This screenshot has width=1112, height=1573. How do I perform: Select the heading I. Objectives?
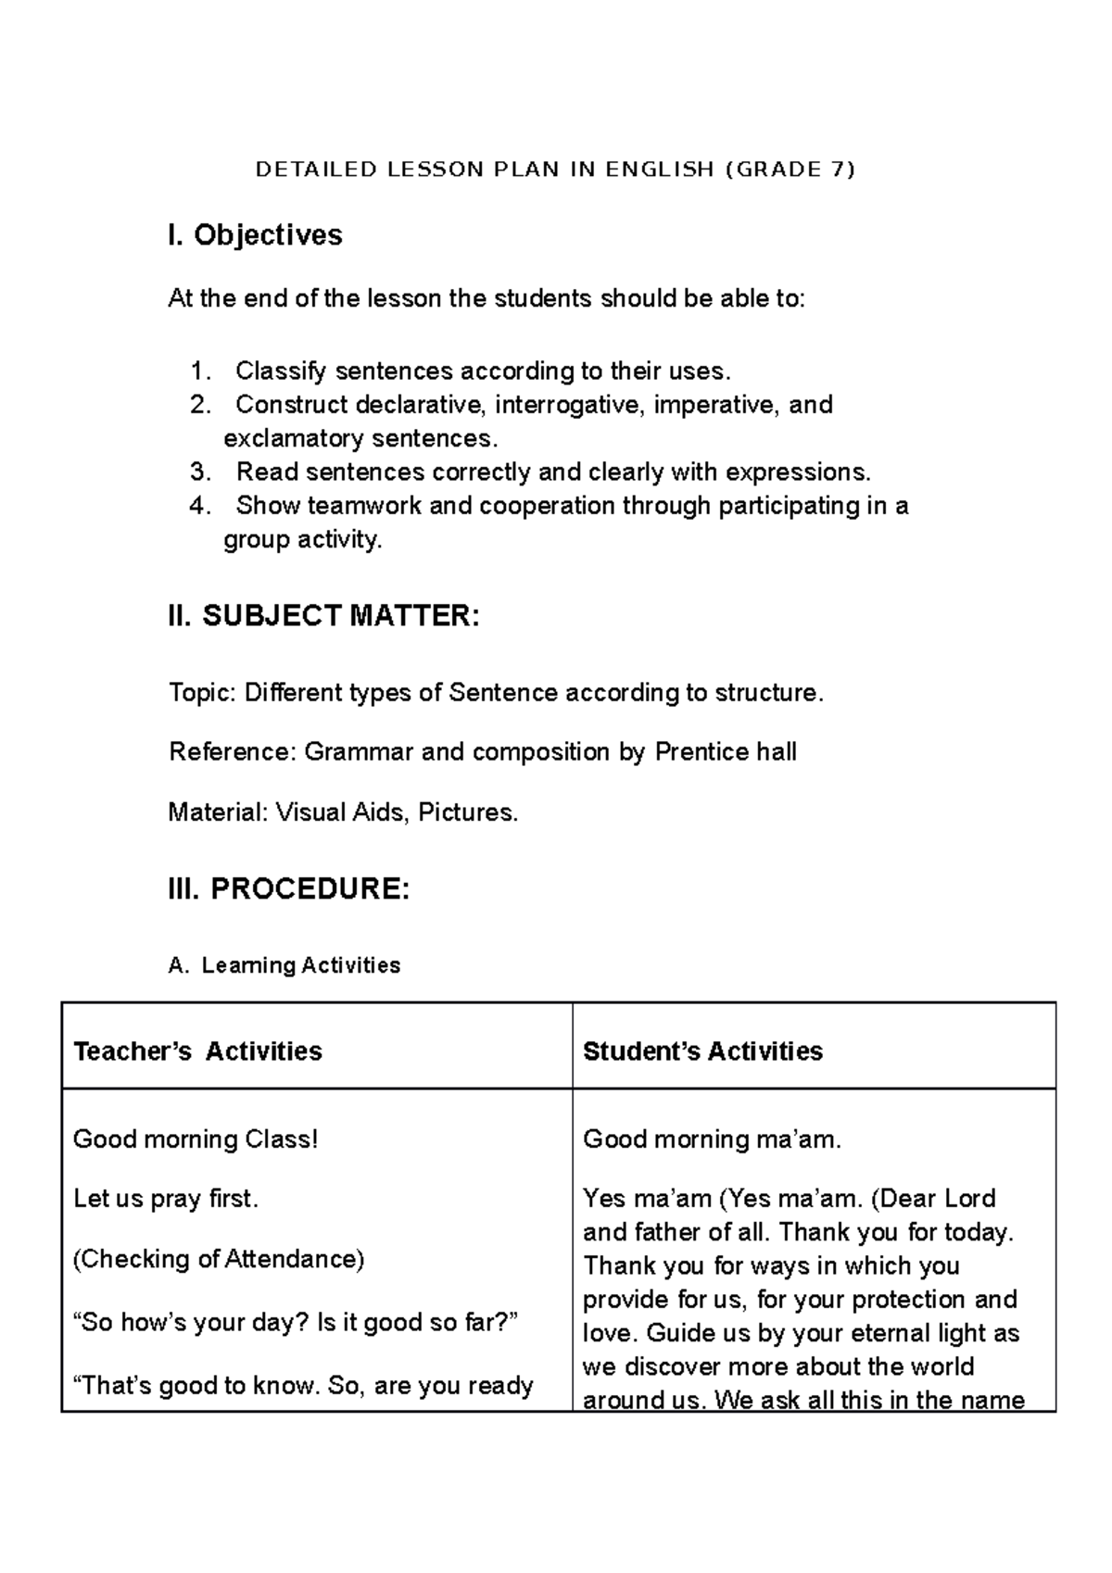[255, 235]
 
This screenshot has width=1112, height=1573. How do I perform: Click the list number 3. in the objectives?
[199, 472]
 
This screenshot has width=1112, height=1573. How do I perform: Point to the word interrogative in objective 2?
[565, 405]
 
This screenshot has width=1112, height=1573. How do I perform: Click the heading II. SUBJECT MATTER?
[323, 615]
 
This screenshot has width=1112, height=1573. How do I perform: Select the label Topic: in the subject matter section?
[202, 693]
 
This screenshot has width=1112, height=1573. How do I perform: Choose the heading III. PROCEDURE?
[288, 888]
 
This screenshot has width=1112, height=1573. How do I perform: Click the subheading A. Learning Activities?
[284, 965]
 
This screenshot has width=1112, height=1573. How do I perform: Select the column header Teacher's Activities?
[197, 1051]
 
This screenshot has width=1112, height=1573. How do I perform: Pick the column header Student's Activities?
[702, 1051]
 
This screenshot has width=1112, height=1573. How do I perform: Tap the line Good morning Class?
[196, 1139]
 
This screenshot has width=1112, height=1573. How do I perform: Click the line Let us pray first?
[166, 1199]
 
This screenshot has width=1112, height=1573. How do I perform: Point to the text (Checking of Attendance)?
[219, 1259]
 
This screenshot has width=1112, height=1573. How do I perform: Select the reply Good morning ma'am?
[712, 1139]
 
